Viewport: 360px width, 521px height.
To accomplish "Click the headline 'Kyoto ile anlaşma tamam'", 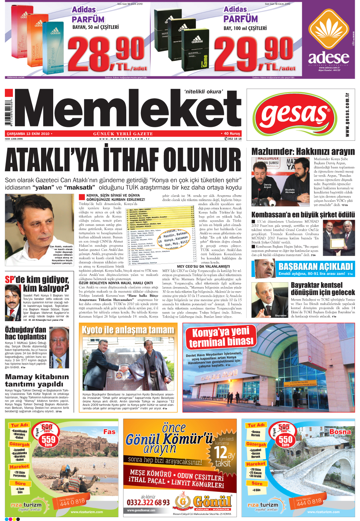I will click(x=128, y=329).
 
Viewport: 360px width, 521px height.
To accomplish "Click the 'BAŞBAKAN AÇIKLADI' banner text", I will click(x=315, y=267).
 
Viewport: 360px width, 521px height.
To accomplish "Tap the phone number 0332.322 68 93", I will click(x=148, y=502).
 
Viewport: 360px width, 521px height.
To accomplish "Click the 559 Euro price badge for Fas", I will click(x=48, y=440).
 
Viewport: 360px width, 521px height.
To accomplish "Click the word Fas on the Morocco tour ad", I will click(x=109, y=432).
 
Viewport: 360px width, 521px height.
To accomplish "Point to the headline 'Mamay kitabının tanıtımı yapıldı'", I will click(x=37, y=380).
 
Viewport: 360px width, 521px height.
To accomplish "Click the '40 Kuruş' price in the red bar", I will click(x=232, y=133).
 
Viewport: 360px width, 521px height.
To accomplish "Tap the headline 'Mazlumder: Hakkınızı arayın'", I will click(x=303, y=152).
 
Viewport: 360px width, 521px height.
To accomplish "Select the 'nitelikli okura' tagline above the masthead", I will click(x=203, y=92).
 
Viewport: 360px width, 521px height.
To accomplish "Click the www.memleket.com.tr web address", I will click(x=124, y=139).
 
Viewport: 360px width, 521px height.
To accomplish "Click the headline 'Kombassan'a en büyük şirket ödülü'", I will click(x=303, y=214).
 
